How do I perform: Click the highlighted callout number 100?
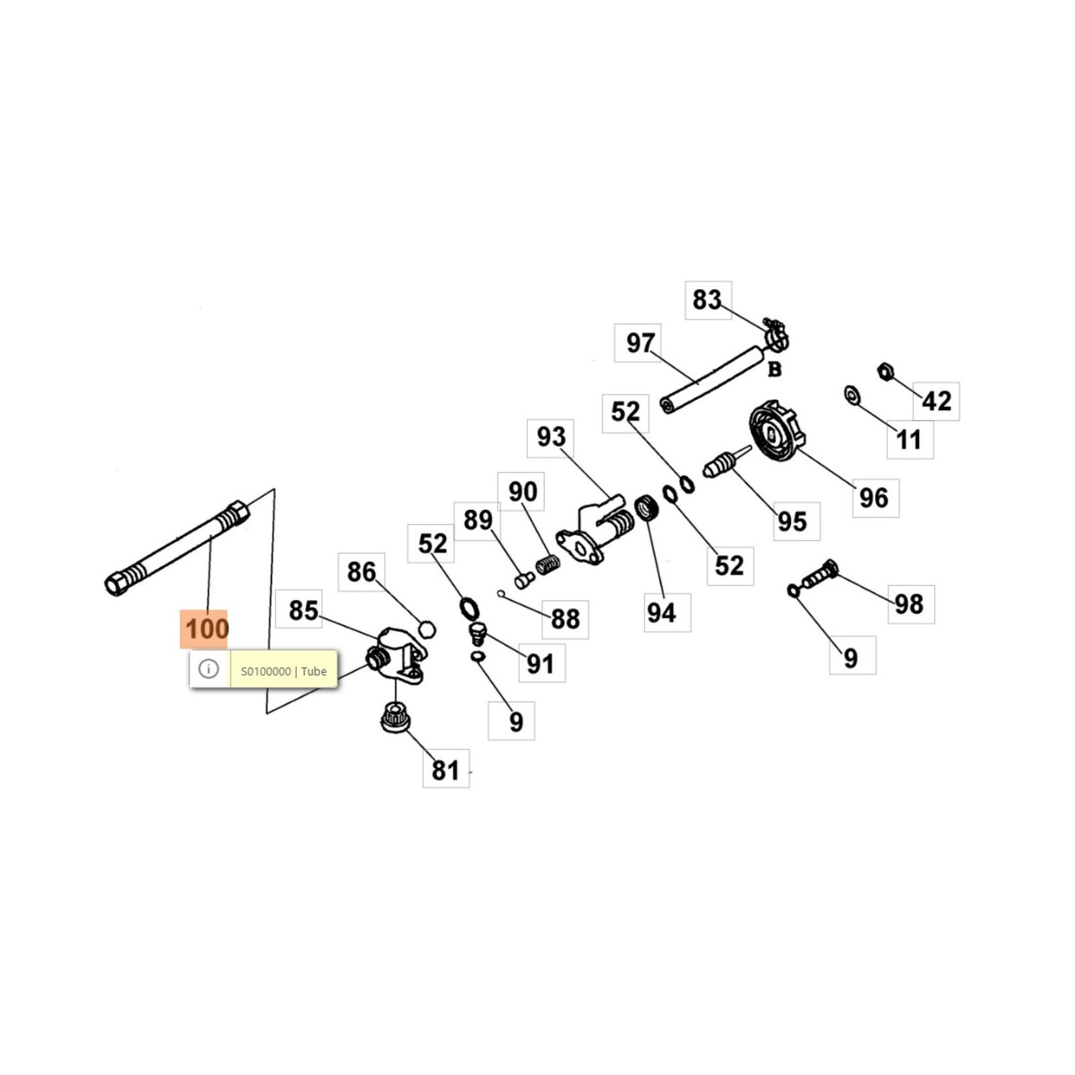tap(207, 629)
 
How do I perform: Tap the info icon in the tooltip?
tap(209, 669)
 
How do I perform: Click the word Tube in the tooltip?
tap(314, 671)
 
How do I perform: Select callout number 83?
tap(707, 300)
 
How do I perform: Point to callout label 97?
tap(640, 343)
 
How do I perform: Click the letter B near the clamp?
tap(775, 370)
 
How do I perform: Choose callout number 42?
tap(937, 401)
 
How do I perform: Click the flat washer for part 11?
tap(853, 394)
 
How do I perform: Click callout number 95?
tap(791, 521)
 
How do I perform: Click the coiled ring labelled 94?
tap(646, 507)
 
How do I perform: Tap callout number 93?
tap(551, 437)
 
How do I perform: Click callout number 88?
tap(565, 619)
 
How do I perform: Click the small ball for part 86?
tap(427, 630)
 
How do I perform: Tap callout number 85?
tap(303, 611)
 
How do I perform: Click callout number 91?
tap(541, 664)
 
